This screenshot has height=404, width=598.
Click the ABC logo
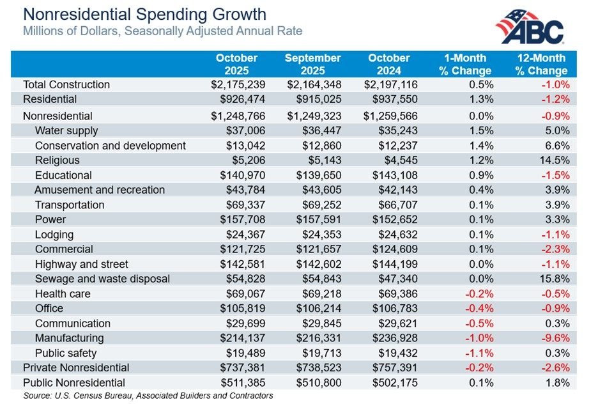(530, 27)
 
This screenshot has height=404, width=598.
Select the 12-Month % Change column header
(543, 65)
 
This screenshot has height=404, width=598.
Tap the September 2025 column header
(313, 65)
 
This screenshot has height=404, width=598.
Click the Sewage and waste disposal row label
(102, 279)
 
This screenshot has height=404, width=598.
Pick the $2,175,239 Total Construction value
(238, 84)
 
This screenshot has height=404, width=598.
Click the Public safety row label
(66, 353)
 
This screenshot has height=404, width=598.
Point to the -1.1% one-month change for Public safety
(479, 353)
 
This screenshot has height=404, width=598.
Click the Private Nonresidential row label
(76, 368)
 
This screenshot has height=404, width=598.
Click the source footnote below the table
(148, 396)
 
